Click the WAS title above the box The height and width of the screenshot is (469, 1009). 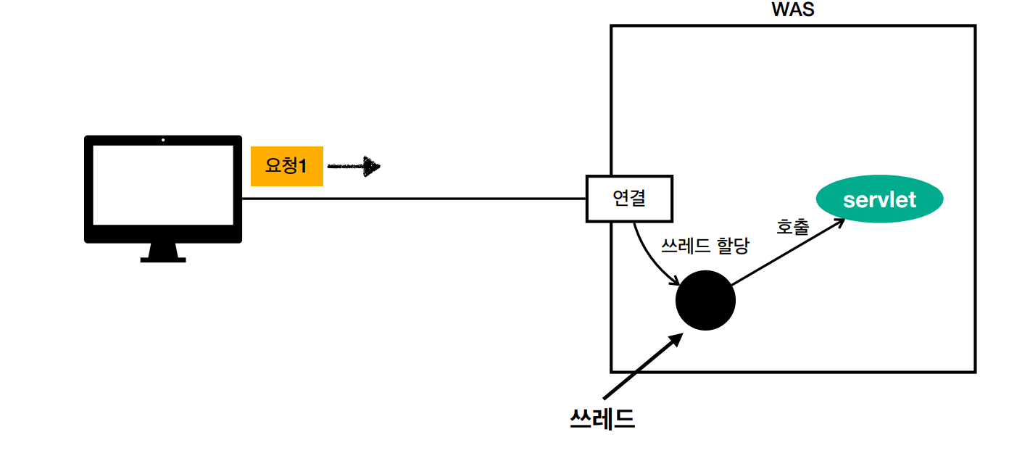coord(793,10)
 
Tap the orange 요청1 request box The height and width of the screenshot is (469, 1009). coord(286,166)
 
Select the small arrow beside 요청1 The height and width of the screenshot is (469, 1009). coord(354,166)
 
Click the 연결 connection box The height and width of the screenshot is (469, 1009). coord(629,198)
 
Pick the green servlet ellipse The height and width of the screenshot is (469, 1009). coord(879,199)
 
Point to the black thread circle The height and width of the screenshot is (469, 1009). coord(705,300)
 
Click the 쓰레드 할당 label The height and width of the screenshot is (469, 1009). coord(705,245)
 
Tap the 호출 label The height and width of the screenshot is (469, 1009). coord(792,226)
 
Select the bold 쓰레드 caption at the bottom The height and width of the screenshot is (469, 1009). coord(602,419)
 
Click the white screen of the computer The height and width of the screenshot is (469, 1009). coord(163,185)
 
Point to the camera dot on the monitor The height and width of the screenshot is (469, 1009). coord(163,140)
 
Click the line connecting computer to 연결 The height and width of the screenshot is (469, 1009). coord(413,198)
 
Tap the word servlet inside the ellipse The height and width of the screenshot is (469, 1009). coord(879,199)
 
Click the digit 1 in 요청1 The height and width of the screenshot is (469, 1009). coord(303,166)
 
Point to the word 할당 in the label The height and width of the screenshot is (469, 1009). coord(731,245)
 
